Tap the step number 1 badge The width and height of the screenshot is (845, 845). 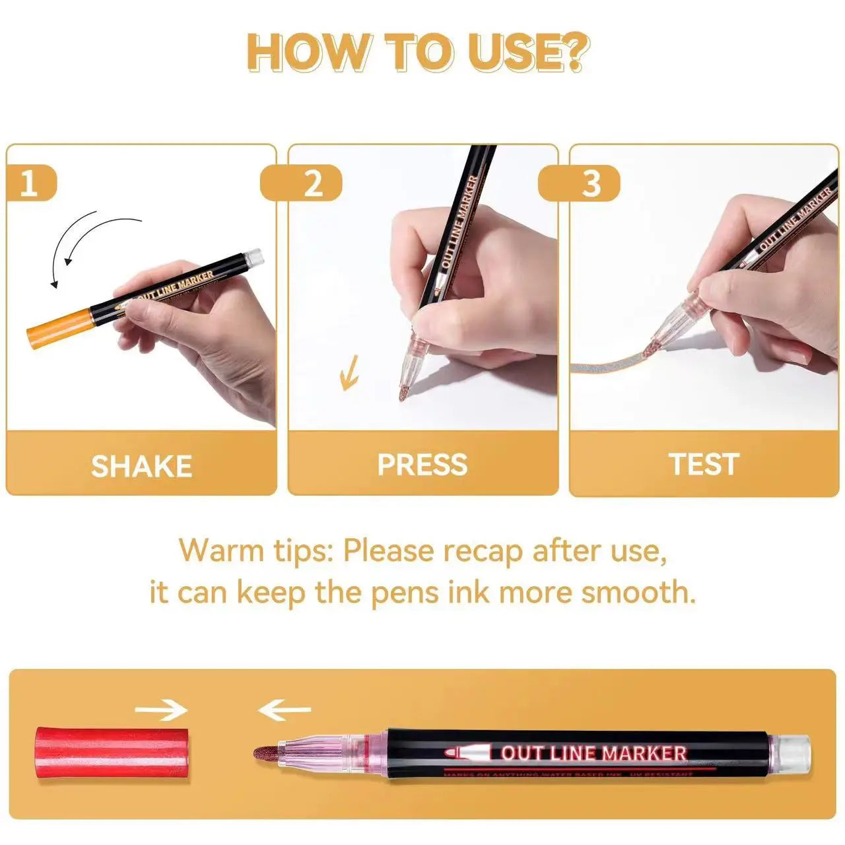tap(30, 183)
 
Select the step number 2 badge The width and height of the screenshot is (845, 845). tap(313, 183)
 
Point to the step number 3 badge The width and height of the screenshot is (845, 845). tap(591, 183)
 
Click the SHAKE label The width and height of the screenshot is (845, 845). tap(141, 466)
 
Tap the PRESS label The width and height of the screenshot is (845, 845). tap(422, 465)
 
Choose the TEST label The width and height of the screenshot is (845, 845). tap(704, 464)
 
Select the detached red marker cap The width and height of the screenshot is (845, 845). tap(112, 754)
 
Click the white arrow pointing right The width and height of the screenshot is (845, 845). tap(161, 710)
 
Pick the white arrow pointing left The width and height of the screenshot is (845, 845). tap(284, 710)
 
